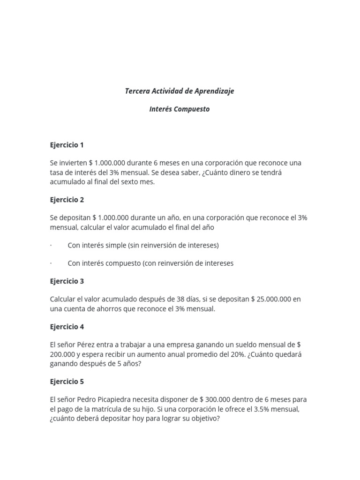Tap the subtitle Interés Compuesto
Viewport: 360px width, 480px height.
point(180,109)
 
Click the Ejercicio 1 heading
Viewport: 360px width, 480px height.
point(67,145)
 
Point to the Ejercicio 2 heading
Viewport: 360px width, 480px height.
point(67,200)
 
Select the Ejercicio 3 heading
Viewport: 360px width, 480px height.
point(67,281)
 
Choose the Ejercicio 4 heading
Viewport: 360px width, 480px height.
point(67,327)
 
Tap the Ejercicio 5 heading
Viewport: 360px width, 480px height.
point(67,382)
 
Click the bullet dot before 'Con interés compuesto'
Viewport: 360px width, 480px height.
point(51,263)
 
